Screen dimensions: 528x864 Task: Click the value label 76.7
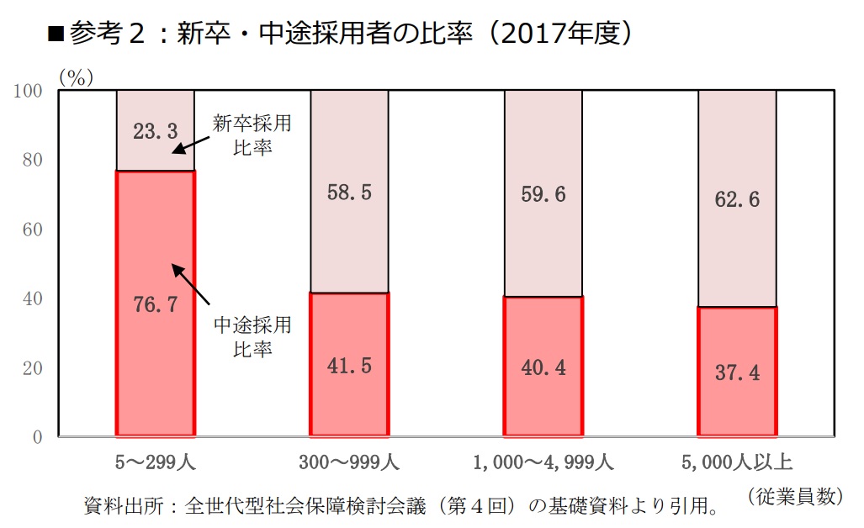(156, 304)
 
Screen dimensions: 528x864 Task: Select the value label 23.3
(156, 131)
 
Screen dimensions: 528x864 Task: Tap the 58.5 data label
(349, 193)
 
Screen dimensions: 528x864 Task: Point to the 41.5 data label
(349, 367)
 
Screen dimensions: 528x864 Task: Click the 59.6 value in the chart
(543, 194)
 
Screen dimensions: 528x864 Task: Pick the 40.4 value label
(543, 367)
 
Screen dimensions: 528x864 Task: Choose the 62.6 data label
(737, 199)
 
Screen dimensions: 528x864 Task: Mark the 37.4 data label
(737, 372)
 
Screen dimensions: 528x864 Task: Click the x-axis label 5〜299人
(156, 462)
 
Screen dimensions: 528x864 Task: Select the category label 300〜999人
(349, 462)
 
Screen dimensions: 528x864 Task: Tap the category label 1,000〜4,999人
(543, 462)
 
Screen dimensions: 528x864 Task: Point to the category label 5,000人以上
(738, 462)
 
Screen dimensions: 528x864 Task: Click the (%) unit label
(76, 77)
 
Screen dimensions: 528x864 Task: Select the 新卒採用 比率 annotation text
(252, 135)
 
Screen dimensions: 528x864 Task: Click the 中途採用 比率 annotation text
(252, 335)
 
